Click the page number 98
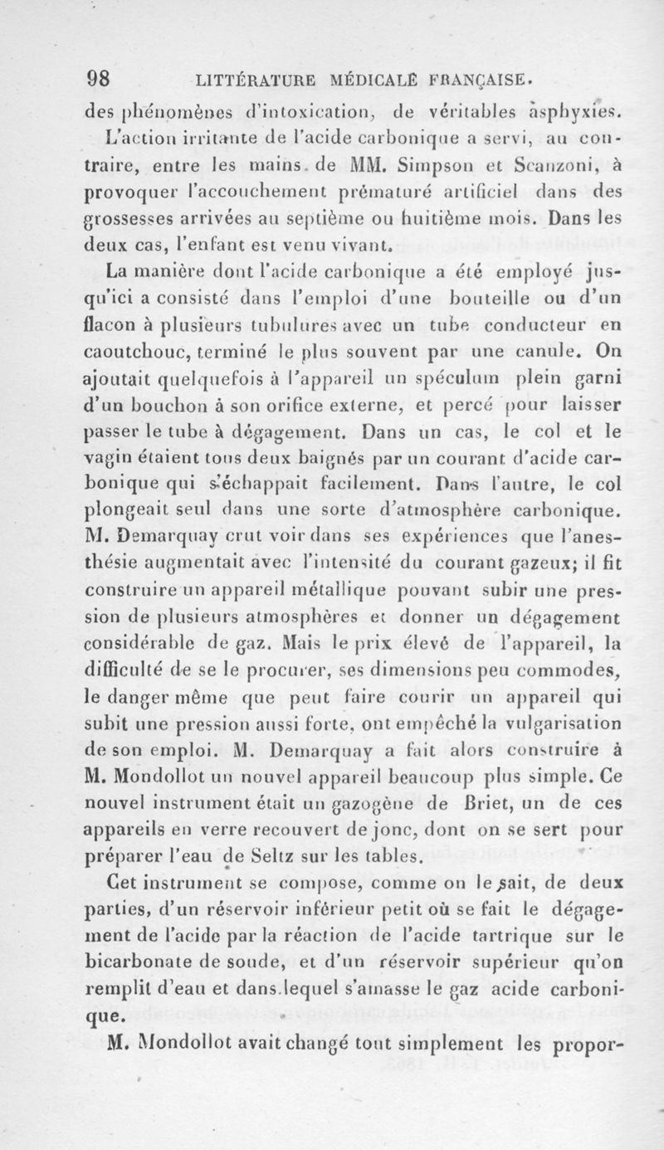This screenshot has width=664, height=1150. [x=99, y=83]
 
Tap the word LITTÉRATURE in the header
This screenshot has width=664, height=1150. [x=250, y=83]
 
